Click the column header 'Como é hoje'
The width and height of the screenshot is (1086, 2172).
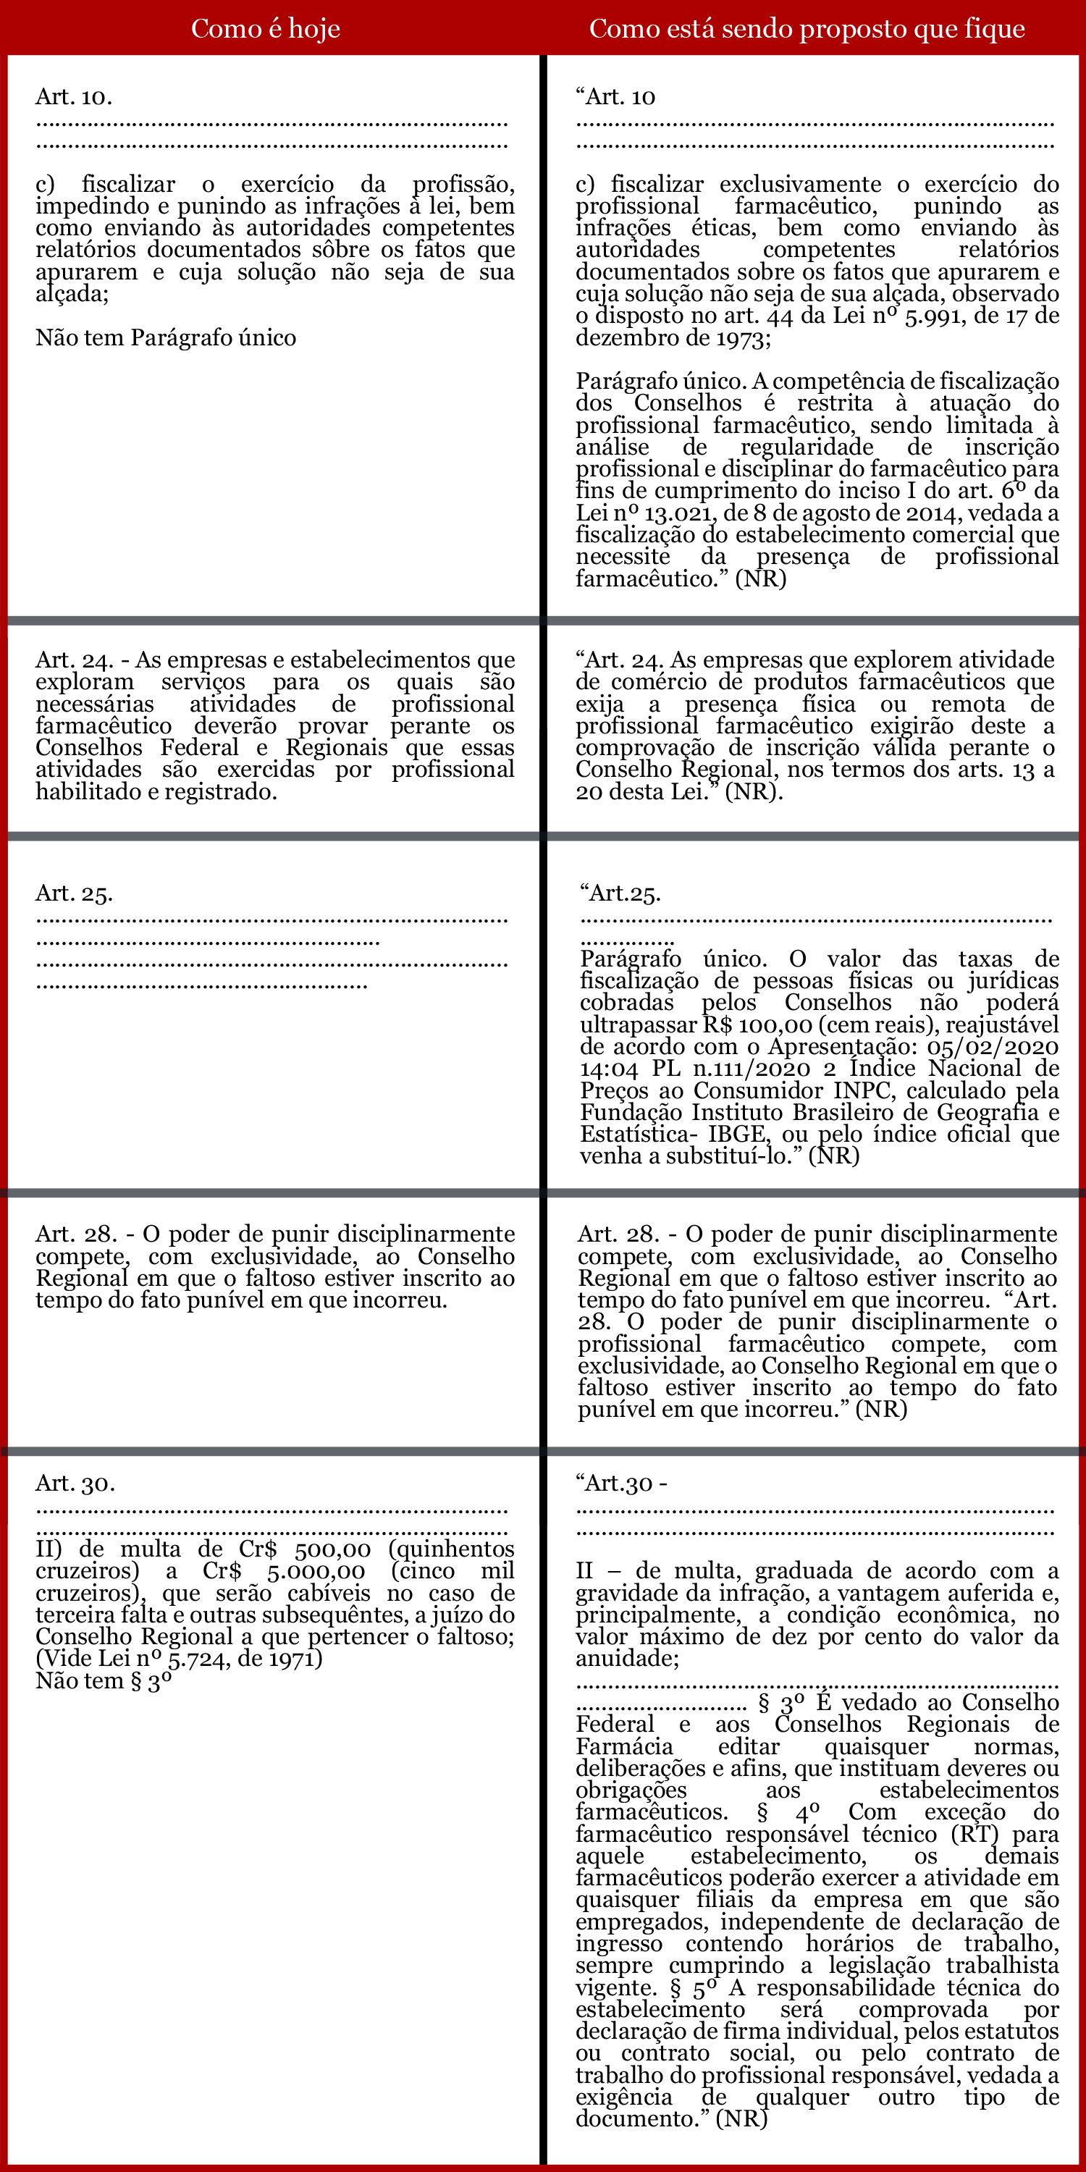[x=266, y=29]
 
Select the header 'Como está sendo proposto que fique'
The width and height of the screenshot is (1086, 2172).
[x=807, y=29]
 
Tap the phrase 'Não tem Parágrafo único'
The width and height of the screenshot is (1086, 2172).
[x=165, y=338]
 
